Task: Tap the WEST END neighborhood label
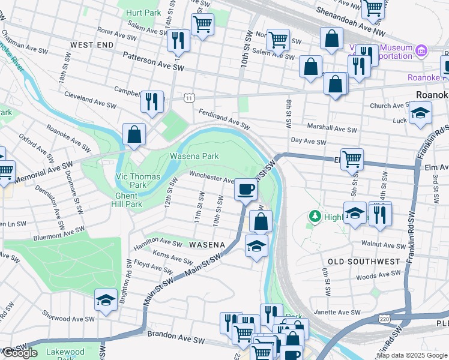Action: [91, 45]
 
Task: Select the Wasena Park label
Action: [194, 156]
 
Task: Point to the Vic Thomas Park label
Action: [138, 181]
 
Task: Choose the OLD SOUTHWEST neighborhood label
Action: [364, 262]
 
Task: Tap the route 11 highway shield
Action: [189, 97]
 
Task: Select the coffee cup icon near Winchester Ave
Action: [245, 190]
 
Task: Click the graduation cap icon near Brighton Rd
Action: [106, 300]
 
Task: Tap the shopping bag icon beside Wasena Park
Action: [134, 134]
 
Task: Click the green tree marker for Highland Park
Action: [314, 215]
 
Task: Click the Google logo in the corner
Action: [20, 353]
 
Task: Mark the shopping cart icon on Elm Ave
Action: [352, 158]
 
